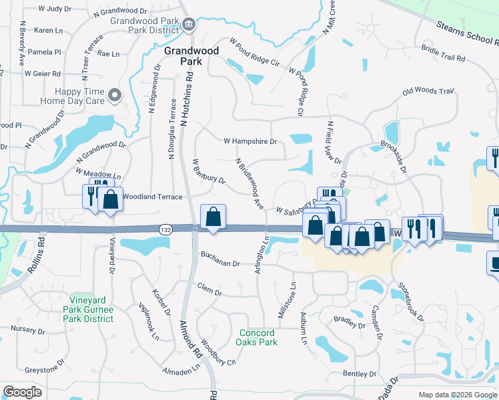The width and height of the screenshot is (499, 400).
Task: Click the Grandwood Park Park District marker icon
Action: click(189, 25)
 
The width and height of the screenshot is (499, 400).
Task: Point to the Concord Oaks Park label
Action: click(257, 337)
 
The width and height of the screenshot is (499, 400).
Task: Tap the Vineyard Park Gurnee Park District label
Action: click(89, 314)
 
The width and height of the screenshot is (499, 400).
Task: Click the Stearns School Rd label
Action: click(467, 33)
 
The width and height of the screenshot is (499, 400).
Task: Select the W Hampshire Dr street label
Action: click(249, 141)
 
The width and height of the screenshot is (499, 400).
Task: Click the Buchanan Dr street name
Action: click(219, 263)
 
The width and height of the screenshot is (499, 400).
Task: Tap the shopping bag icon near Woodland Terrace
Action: click(110, 199)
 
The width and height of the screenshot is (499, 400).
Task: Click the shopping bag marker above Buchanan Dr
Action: click(213, 217)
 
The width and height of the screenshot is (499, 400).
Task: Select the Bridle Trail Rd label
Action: click(443, 53)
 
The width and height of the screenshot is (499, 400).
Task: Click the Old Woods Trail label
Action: click(428, 91)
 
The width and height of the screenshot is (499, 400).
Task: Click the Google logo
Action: click(23, 392)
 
